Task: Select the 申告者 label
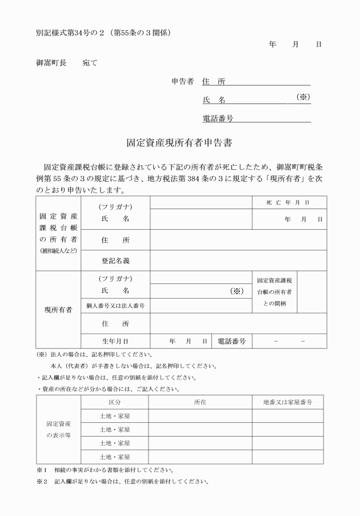[183, 81]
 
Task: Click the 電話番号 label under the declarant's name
[218, 118]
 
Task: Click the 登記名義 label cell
[115, 261]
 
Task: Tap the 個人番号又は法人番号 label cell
[115, 306]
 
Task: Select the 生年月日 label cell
[115, 341]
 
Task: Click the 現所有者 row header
[58, 310]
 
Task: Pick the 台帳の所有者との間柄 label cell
[275, 291]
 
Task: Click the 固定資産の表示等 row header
[58, 430]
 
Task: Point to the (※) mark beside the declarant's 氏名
[302, 97]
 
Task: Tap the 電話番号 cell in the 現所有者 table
[231, 341]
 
